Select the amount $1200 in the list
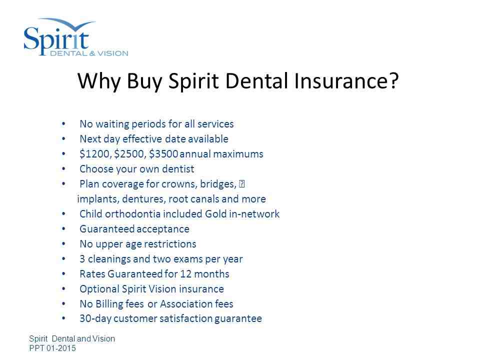tap(94, 154)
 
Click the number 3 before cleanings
tap(82, 259)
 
